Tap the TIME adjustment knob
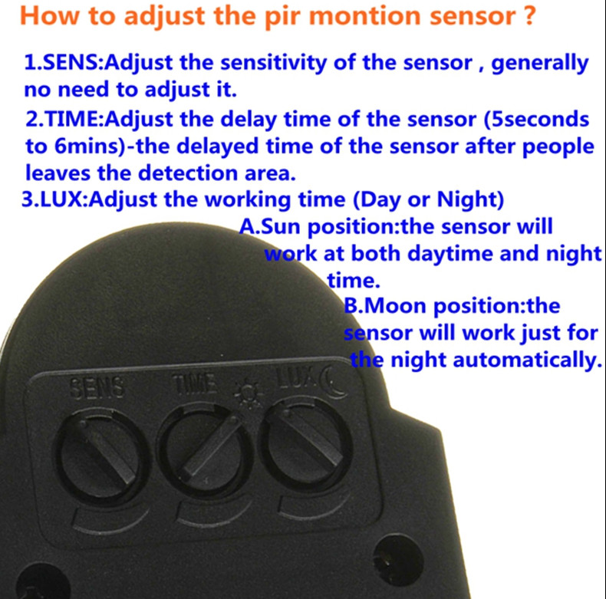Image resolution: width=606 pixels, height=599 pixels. pyautogui.click(x=208, y=450)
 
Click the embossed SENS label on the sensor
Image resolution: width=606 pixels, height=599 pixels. pyautogui.click(x=97, y=387)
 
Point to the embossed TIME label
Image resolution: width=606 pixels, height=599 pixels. pyautogui.click(x=194, y=383)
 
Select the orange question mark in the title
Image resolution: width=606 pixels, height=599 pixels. pyautogui.click(x=529, y=15)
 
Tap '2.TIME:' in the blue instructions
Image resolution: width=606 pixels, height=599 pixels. pyautogui.click(x=65, y=119)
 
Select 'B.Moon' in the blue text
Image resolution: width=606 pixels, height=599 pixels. pyautogui.click(x=387, y=306)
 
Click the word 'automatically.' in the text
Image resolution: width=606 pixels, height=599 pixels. pyautogui.click(x=528, y=360)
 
